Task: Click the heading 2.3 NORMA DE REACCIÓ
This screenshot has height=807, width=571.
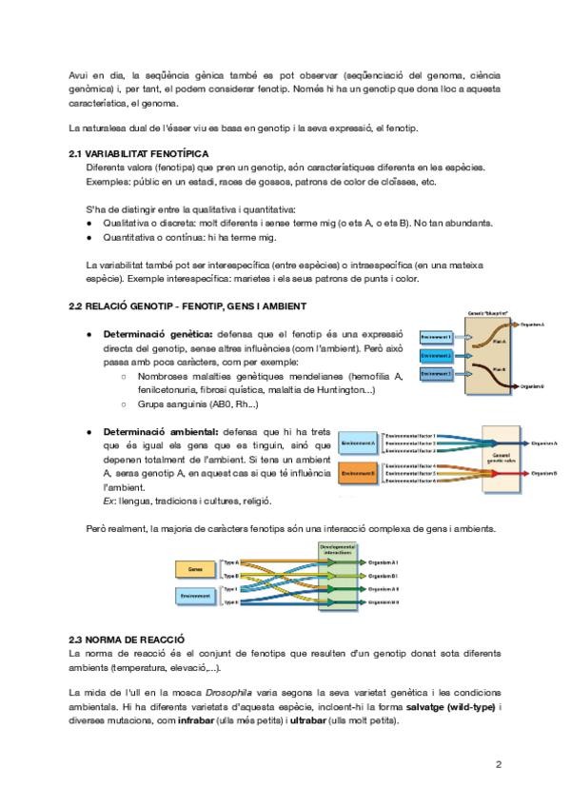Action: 127,639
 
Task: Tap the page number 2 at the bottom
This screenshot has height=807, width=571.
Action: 498,763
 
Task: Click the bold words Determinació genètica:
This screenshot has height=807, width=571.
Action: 157,335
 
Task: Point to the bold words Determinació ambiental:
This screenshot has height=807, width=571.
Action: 160,431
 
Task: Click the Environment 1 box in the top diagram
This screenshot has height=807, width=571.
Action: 437,337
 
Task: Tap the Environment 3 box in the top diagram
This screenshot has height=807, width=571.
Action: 437,374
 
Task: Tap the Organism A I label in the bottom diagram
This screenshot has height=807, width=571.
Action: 383,562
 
